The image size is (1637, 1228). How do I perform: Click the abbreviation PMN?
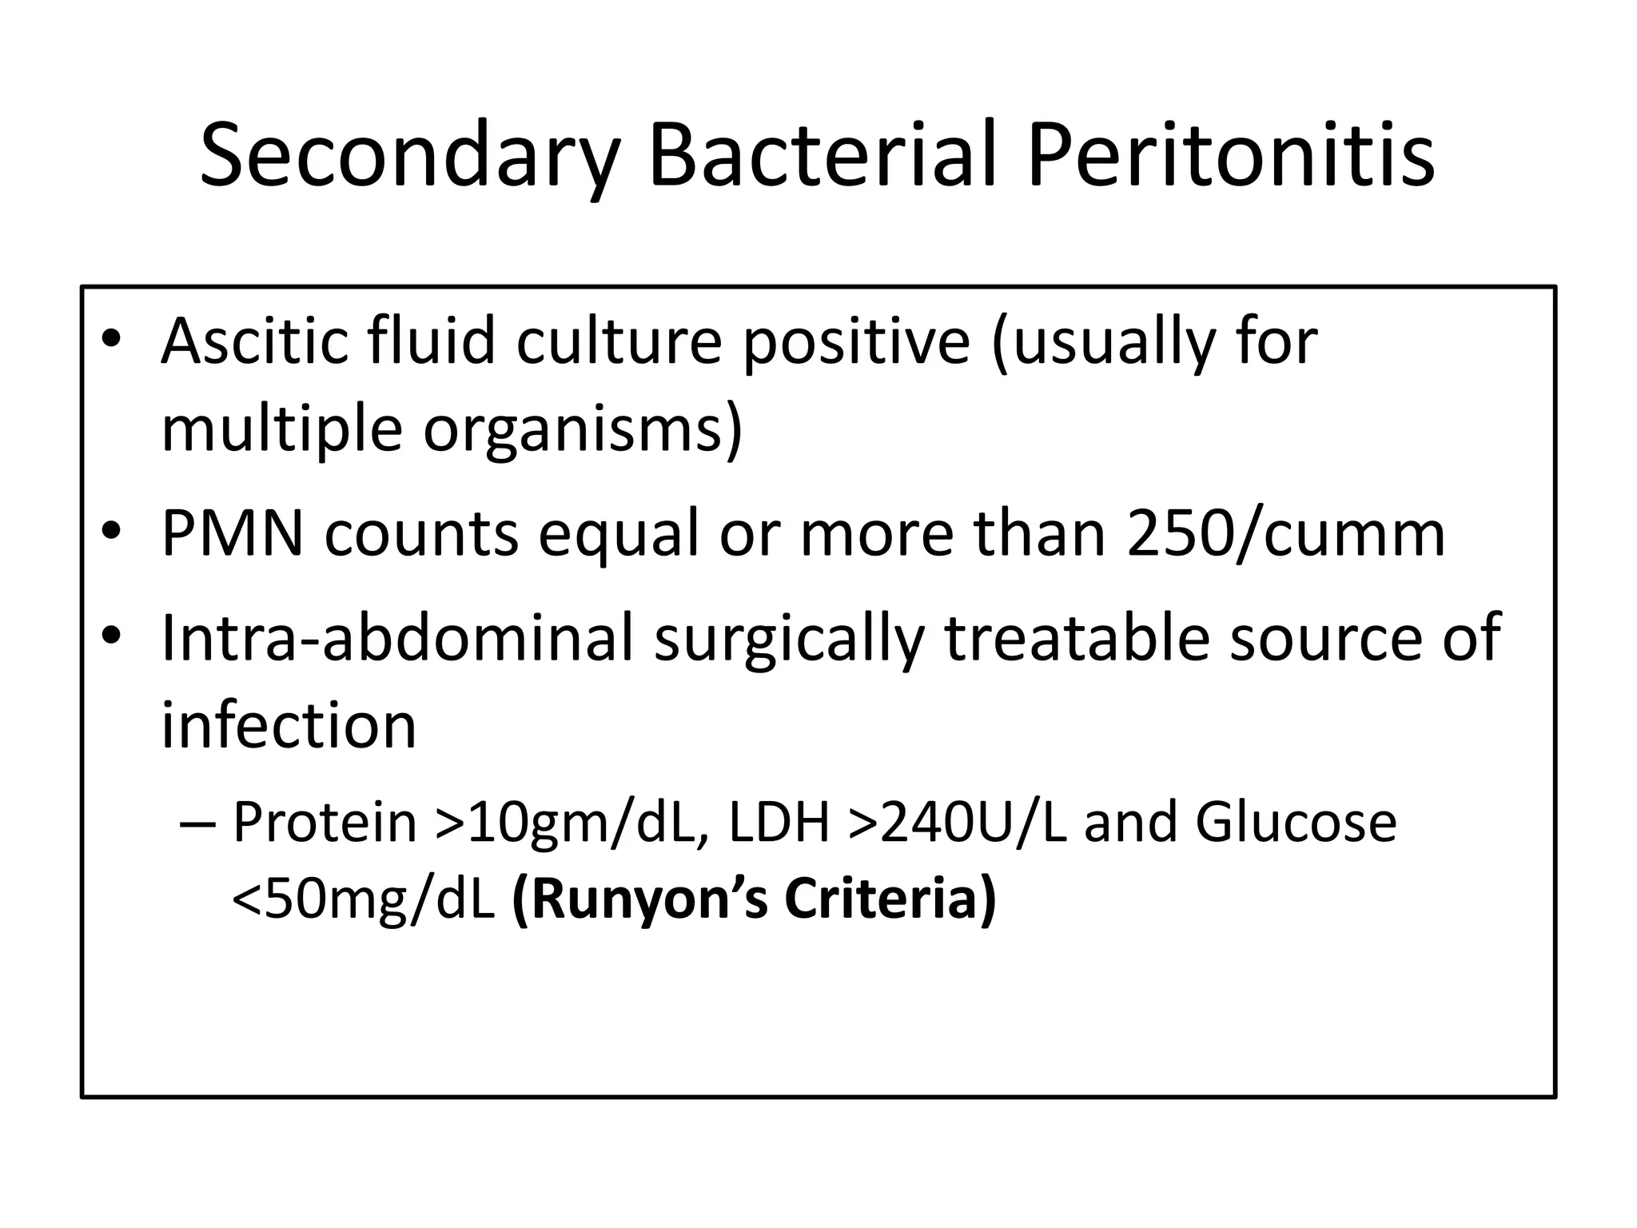[x=233, y=534]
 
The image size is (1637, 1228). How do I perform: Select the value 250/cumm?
[x=1286, y=534]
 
